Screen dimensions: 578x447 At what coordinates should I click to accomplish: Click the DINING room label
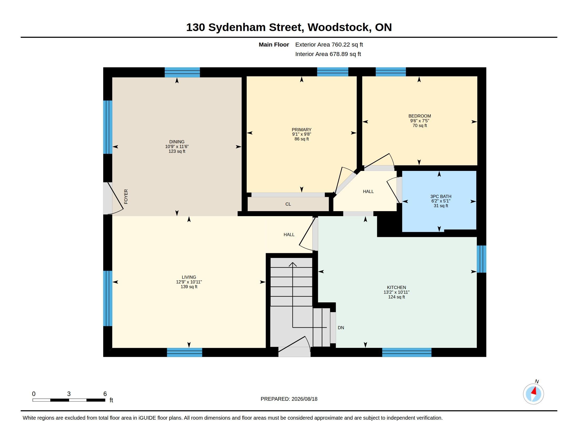point(177,142)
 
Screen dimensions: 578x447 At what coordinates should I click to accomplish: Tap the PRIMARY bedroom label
point(301,129)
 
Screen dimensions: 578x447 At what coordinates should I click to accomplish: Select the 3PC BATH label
point(441,196)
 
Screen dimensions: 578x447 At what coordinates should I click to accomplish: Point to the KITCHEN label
point(396,287)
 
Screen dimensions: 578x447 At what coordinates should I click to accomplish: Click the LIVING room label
point(189,277)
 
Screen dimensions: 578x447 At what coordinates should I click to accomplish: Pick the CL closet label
point(288,204)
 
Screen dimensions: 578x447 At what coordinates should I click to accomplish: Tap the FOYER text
point(126,196)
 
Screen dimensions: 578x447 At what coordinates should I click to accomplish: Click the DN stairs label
point(341,328)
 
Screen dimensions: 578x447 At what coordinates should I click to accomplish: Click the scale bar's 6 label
point(105,394)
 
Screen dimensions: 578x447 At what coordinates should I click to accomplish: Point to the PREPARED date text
point(289,399)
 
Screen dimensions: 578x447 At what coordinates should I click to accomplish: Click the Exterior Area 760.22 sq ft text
point(329,44)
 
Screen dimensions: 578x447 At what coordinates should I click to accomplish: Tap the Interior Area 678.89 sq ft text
point(328,54)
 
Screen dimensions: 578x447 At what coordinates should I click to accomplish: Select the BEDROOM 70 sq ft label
point(420,120)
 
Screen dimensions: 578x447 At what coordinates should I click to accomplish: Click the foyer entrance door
point(113,198)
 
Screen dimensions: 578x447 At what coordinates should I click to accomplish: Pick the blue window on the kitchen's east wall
point(481,259)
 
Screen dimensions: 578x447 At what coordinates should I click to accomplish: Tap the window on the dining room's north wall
point(182,72)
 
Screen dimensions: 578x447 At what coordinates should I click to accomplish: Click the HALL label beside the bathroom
point(368,191)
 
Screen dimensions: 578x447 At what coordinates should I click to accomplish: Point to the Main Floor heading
point(274,44)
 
